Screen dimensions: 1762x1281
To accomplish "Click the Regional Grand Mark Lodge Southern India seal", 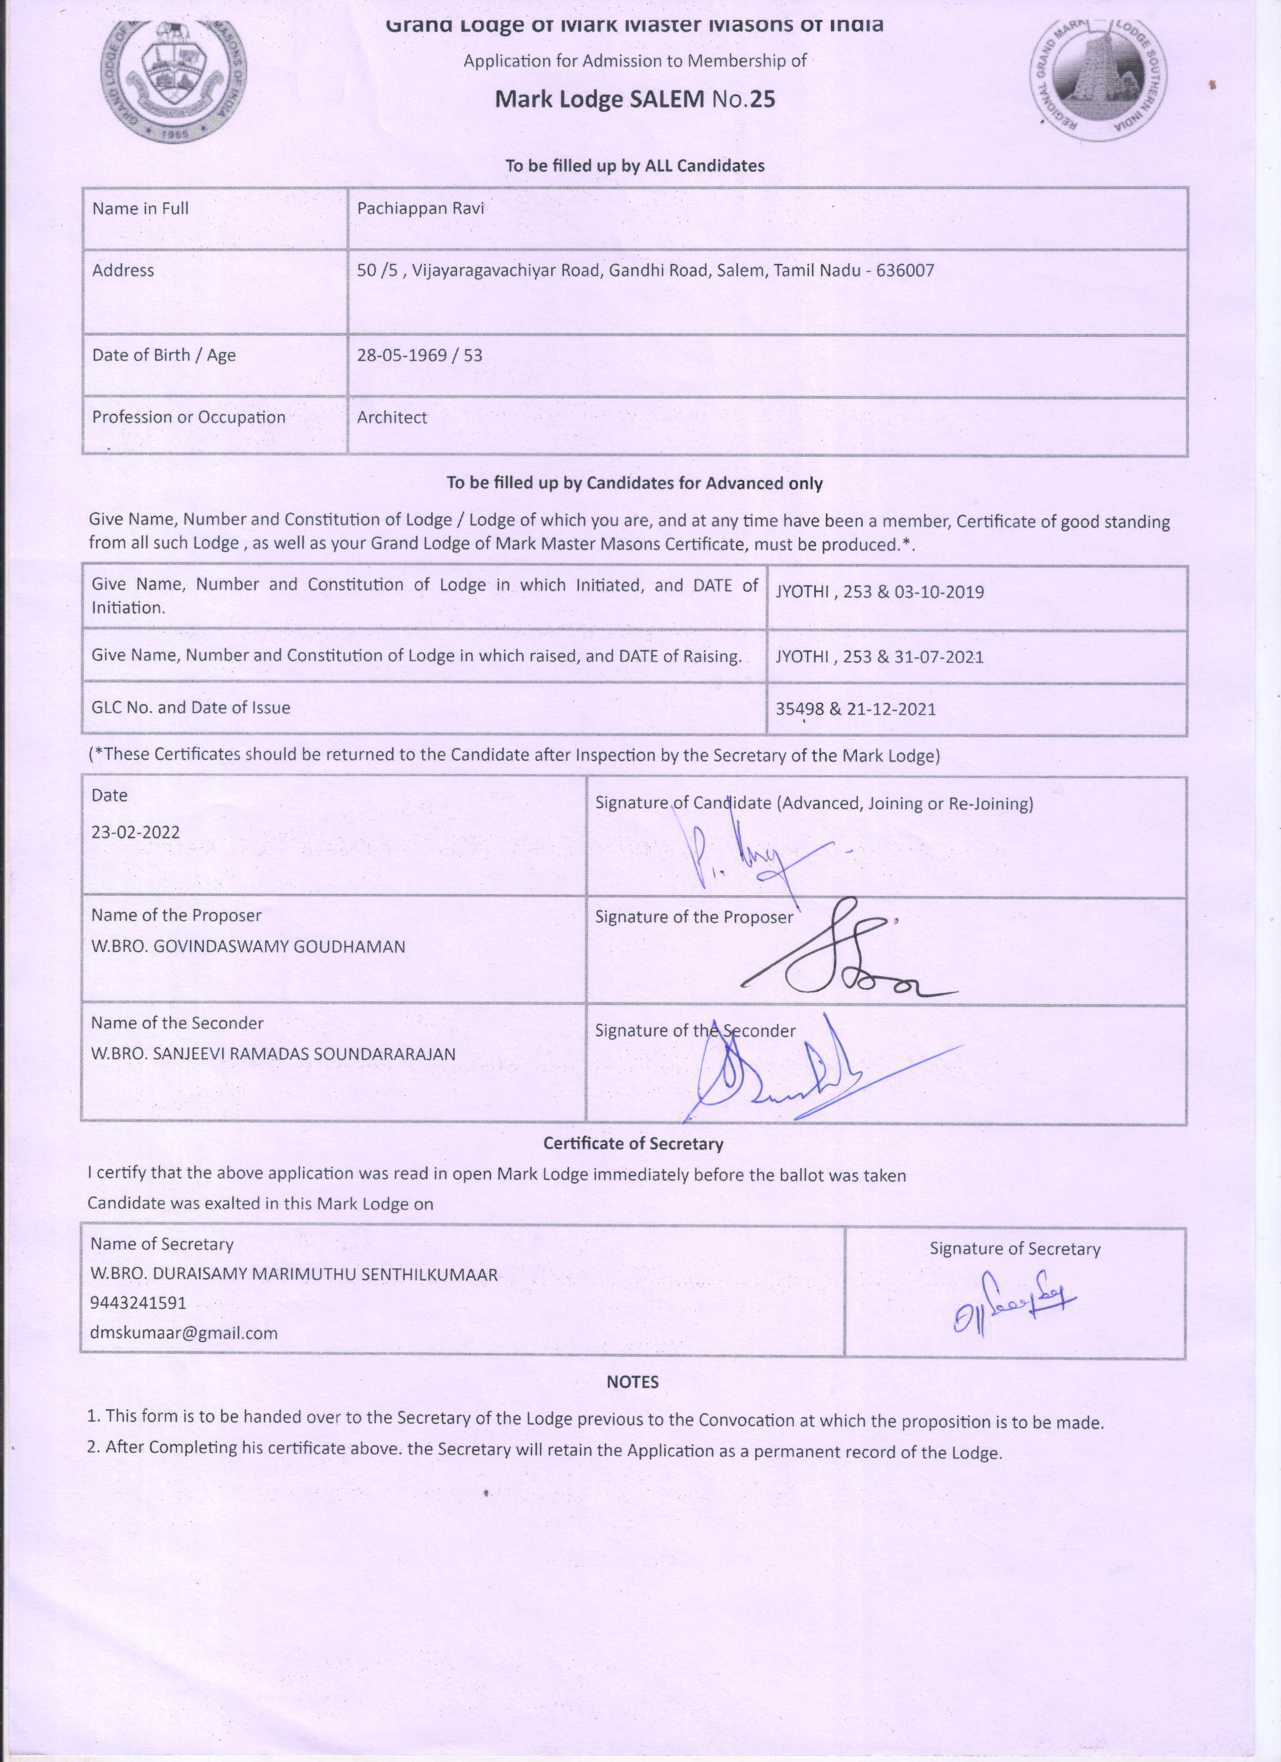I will coord(1098,78).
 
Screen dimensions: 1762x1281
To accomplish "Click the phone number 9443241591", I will coord(138,1303).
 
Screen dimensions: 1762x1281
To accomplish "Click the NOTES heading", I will coord(632,1382).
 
